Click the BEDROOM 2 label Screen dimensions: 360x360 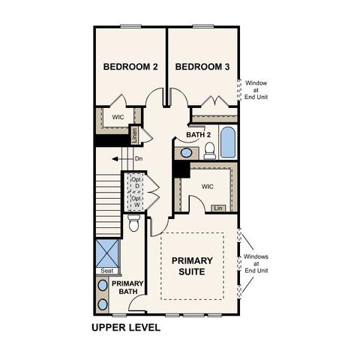point(130,67)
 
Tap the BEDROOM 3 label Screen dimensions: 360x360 point(202,67)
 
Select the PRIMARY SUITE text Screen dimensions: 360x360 point(192,266)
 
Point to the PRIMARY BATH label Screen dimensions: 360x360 point(127,287)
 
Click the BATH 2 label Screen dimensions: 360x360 point(199,135)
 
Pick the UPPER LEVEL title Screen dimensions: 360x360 point(126,328)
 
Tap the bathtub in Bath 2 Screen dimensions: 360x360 point(228,142)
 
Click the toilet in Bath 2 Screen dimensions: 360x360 point(209,151)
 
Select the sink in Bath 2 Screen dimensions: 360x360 point(186,153)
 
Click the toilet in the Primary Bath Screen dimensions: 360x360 point(134,223)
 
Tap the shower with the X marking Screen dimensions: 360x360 point(107,253)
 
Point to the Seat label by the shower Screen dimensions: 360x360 point(107,271)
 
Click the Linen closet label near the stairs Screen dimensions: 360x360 point(135,136)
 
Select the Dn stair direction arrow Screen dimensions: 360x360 point(122,159)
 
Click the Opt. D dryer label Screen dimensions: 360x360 point(136,183)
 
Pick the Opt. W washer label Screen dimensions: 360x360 point(136,202)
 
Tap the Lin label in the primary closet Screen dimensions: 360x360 point(218,208)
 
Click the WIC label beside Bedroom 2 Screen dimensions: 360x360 point(118,117)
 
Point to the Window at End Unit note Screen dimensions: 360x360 point(256,90)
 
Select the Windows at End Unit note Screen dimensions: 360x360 point(256,263)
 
